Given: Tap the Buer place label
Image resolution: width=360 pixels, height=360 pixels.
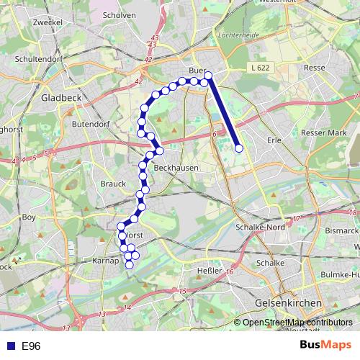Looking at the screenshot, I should click(x=197, y=71).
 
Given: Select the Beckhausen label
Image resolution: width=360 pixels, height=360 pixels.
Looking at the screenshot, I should click(x=171, y=166).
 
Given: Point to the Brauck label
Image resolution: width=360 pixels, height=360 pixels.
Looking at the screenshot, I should click(x=113, y=184).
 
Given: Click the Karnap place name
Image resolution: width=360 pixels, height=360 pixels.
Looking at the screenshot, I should click(x=106, y=261).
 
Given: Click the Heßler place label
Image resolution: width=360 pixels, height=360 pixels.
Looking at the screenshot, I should click(x=209, y=271).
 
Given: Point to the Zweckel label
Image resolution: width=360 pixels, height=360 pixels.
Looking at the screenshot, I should click(x=48, y=22).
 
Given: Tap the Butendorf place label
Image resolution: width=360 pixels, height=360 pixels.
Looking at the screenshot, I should click(x=89, y=124).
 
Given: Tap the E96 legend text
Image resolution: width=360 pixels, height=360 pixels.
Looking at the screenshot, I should click(x=31, y=346).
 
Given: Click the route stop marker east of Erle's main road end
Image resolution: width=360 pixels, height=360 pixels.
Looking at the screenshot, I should click(x=239, y=149).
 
